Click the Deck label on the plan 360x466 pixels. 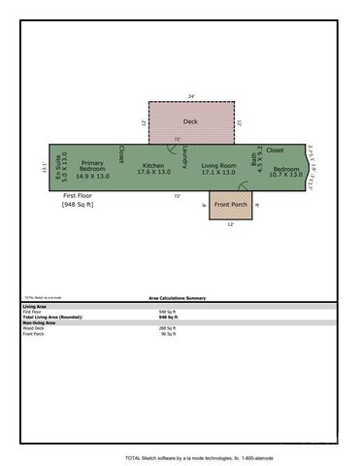pos(190,122)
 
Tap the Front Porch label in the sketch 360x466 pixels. pos(230,205)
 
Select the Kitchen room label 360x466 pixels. pos(153,166)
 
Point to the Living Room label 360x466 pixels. pos(218,166)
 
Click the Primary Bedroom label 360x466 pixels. pos(92,166)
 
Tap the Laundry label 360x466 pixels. pos(184,154)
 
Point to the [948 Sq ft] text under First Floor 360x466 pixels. pos(78,205)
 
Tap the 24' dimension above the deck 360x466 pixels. pos(191,96)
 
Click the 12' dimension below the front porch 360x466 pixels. pos(230,225)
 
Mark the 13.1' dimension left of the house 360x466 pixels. pos(44,167)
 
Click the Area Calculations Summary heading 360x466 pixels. pos(177,298)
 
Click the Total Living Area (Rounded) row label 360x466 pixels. pos(52,317)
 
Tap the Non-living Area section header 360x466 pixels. pos(40,322)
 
